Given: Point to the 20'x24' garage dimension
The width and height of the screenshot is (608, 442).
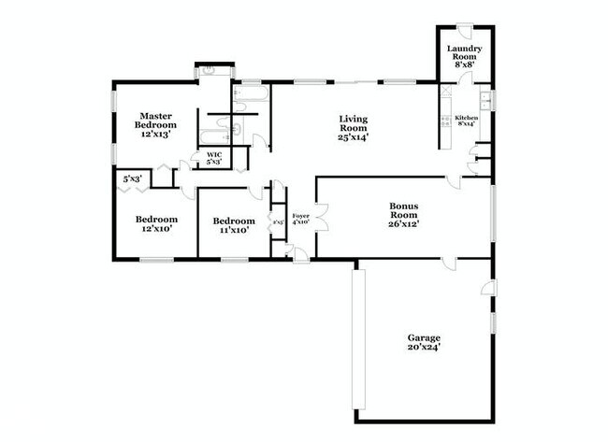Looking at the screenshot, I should pos(423,347).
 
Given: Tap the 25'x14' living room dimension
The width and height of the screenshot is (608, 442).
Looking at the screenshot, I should pos(353,137).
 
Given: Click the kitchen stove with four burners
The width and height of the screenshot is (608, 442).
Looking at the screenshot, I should pos(445,121).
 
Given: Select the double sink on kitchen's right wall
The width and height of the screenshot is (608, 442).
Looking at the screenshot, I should pos(485,98).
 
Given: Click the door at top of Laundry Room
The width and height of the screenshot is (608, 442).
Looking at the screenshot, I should pos(464,29).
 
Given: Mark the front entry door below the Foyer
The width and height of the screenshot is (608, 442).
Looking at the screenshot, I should pos(298,253).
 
